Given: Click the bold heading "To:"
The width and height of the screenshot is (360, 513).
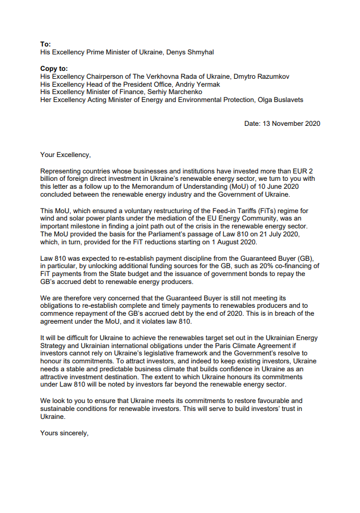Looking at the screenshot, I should (45, 44).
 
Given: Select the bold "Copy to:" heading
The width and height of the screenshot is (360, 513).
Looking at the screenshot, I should (54, 68).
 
